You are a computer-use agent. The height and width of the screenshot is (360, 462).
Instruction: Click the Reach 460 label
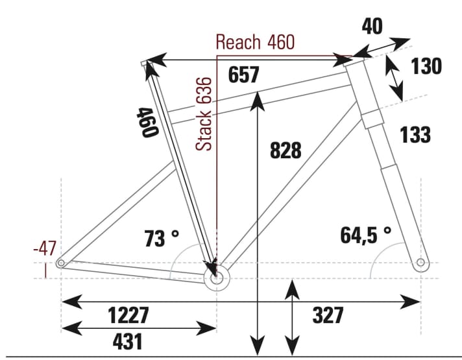point(255,43)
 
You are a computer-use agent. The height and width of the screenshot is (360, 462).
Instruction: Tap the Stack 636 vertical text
point(205,114)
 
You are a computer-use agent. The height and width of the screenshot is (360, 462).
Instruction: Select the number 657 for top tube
point(243,75)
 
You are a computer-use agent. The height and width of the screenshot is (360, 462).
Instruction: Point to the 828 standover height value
point(285,150)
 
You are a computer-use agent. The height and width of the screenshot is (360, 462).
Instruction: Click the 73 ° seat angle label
point(161,239)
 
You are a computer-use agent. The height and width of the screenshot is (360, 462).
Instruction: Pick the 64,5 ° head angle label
point(366,235)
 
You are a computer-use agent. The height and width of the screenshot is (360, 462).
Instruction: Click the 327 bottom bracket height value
point(327,316)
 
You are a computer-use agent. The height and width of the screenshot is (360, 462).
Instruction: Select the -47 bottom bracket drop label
point(45,248)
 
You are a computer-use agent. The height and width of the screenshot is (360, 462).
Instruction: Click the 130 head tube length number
point(426,66)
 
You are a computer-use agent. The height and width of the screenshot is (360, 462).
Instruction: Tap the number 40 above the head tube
point(372,27)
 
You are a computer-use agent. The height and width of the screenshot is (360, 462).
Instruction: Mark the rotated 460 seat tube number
point(147,122)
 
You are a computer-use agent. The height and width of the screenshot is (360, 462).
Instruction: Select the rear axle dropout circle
point(62,263)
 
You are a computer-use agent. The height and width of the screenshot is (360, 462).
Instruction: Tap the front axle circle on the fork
point(420,263)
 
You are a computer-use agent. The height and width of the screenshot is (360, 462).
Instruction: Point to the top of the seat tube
point(147,63)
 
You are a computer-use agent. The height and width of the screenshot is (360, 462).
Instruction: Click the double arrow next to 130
point(394,77)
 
